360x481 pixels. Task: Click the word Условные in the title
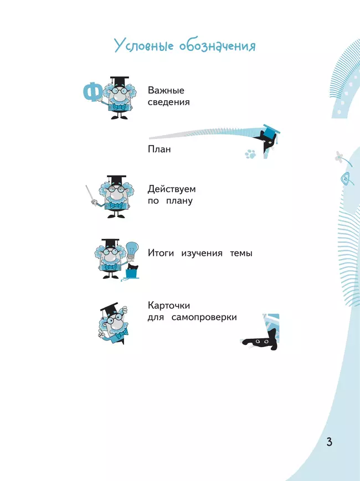(144, 46)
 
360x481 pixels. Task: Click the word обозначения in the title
(217, 46)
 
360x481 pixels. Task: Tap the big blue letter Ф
(93, 91)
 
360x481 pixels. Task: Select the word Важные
(166, 90)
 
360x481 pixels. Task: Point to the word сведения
(169, 102)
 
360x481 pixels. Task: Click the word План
(160, 149)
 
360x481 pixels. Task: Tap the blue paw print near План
(250, 154)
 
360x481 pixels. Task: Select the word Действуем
(172, 189)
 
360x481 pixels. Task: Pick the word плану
(179, 201)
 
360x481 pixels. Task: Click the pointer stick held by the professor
(91, 195)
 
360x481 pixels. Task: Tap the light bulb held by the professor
(132, 250)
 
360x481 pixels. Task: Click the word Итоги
(161, 253)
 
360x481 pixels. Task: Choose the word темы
(241, 254)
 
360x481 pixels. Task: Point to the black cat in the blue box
(133, 267)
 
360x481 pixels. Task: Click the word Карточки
(169, 306)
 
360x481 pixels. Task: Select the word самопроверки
(204, 317)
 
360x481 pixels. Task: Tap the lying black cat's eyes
(262, 341)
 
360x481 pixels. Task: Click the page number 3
(330, 442)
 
